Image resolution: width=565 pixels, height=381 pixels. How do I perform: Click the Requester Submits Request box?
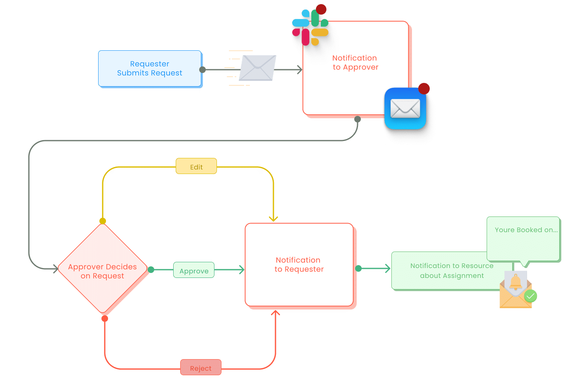(x=150, y=68)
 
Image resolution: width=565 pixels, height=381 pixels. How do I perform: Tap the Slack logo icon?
(x=310, y=27)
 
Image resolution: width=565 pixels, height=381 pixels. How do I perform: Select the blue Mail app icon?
(x=405, y=108)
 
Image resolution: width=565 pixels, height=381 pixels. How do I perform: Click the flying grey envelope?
(x=257, y=68)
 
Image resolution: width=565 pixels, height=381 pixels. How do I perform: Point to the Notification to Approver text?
(x=355, y=63)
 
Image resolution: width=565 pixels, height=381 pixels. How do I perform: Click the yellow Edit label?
(x=196, y=167)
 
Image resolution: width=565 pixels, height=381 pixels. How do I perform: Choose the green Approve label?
(x=194, y=270)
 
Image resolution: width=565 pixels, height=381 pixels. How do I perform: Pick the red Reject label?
(x=201, y=368)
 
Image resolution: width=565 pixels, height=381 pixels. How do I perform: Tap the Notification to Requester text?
(x=299, y=265)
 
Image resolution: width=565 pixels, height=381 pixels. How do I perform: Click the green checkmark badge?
(x=530, y=296)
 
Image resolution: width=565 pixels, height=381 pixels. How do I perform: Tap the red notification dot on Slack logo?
(x=321, y=9)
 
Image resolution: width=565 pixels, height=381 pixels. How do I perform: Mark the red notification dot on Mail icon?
(x=424, y=89)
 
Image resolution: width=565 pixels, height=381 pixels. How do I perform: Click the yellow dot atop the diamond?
(x=103, y=221)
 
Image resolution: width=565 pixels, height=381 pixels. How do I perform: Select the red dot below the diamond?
(x=105, y=318)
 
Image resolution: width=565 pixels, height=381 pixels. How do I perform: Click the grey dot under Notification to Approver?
(x=358, y=119)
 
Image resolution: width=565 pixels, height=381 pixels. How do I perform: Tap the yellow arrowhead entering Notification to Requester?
(x=273, y=219)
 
